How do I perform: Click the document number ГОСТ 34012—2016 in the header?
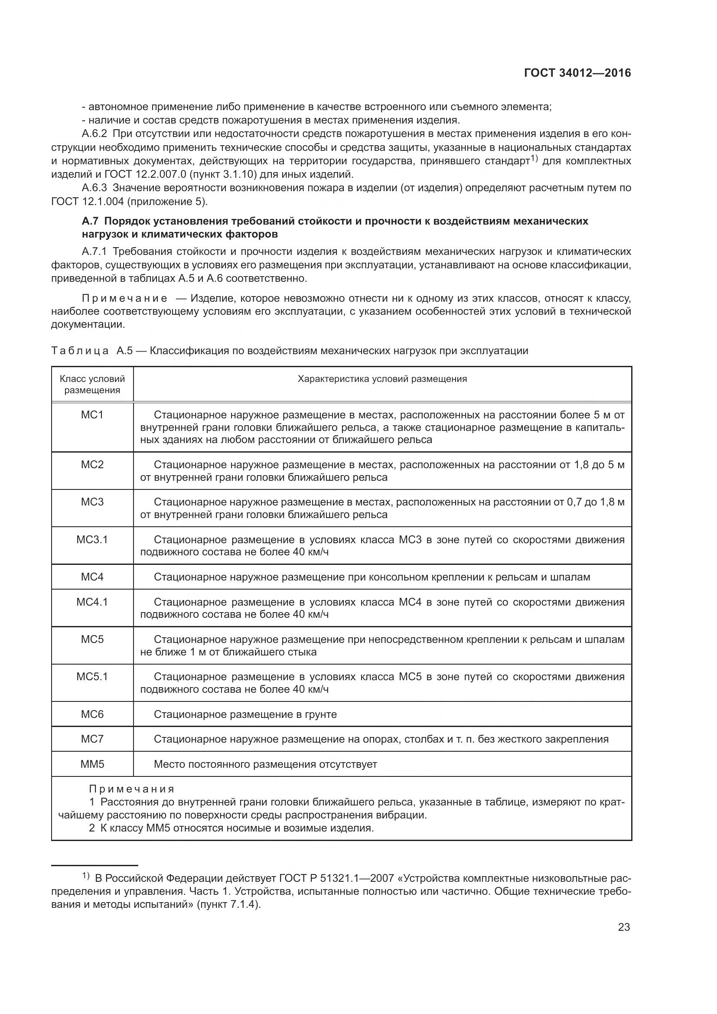tap(577, 73)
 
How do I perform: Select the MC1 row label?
tap(92, 415)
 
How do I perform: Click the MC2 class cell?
tap(92, 465)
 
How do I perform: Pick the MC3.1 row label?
tap(92, 539)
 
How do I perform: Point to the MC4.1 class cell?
tap(92, 602)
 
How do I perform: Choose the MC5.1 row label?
tap(92, 677)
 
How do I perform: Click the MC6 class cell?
tap(92, 714)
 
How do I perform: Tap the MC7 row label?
tap(92, 739)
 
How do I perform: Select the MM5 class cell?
tap(92, 764)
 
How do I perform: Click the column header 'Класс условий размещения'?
tap(92, 384)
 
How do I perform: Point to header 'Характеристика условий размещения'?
tap(382, 379)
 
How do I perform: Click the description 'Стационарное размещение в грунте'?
tap(245, 714)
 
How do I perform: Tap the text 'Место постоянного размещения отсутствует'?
tap(265, 764)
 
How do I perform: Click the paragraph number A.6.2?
tap(95, 134)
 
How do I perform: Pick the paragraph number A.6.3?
tap(95, 188)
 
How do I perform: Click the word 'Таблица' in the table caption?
tap(80, 351)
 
